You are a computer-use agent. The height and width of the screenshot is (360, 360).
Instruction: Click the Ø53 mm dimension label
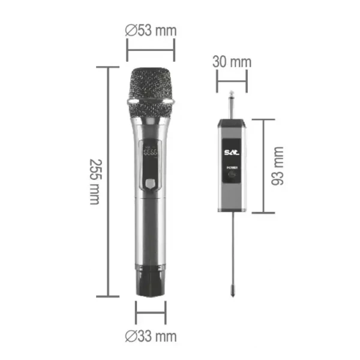(x=151, y=30)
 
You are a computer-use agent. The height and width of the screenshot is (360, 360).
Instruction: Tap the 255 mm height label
(x=94, y=182)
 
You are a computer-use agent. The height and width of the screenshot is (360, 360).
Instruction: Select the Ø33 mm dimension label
(x=151, y=336)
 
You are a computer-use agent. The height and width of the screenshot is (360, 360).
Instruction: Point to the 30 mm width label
(x=232, y=62)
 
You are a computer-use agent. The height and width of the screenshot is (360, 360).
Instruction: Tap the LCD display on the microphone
(x=151, y=152)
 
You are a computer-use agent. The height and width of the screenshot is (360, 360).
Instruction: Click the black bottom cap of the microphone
(x=151, y=283)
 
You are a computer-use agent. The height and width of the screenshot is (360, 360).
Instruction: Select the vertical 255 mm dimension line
(x=108, y=182)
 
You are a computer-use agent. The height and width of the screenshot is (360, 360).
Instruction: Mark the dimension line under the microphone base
(x=151, y=313)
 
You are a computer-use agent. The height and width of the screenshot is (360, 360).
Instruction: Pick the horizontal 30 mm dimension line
(x=232, y=79)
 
